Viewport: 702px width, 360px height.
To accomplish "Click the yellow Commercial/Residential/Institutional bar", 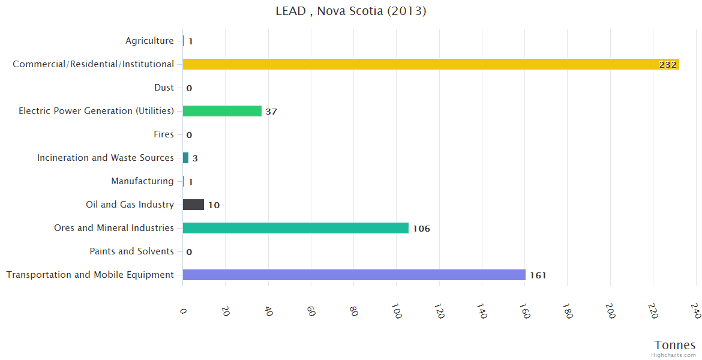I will pyautogui.click(x=430, y=64).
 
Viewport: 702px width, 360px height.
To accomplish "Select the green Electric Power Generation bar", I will pyautogui.click(x=222, y=111).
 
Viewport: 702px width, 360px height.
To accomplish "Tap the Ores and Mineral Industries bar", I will pyautogui.click(x=295, y=228).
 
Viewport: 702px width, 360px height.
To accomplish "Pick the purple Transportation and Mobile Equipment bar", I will pyautogui.click(x=354, y=275).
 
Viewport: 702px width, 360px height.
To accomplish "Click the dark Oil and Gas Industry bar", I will pyautogui.click(x=193, y=205).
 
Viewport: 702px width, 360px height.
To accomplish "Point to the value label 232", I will pyautogui.click(x=668, y=65).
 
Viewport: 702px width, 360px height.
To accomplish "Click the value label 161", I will pyautogui.click(x=538, y=275).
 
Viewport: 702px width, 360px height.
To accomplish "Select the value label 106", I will pyautogui.click(x=421, y=229).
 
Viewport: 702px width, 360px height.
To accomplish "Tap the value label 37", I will pyautogui.click(x=271, y=112).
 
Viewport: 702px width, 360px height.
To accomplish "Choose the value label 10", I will pyautogui.click(x=214, y=205).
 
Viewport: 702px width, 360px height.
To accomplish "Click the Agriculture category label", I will pyautogui.click(x=149, y=41).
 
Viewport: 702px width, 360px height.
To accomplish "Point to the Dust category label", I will pyautogui.click(x=164, y=88).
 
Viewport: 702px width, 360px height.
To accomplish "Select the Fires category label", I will pyautogui.click(x=163, y=134).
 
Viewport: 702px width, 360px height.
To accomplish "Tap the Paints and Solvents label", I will pyautogui.click(x=131, y=251).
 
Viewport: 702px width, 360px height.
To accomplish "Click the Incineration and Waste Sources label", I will pyautogui.click(x=105, y=158).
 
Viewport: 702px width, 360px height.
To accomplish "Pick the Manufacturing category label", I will pyautogui.click(x=142, y=181).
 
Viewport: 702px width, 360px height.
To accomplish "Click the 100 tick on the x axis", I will pyautogui.click(x=397, y=311).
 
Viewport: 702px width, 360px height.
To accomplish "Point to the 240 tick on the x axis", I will pyautogui.click(x=695, y=311).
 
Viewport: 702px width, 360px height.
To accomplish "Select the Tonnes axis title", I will pyautogui.click(x=674, y=345).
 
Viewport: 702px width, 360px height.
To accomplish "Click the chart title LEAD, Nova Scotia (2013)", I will pyautogui.click(x=351, y=11).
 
